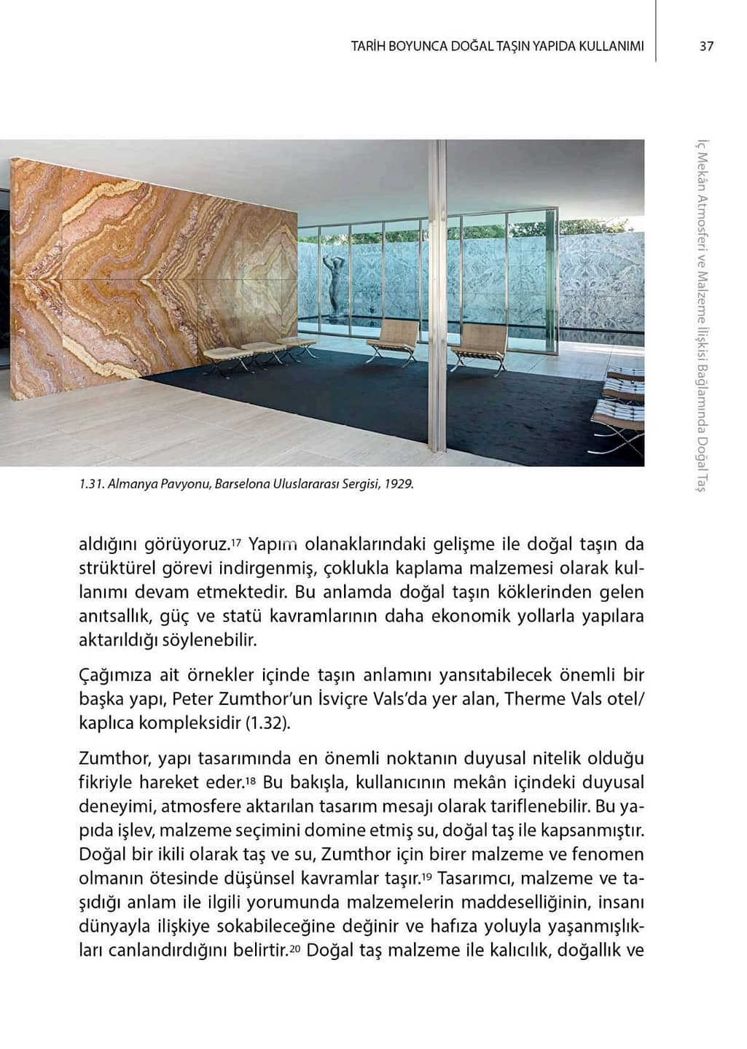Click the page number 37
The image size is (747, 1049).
point(706,46)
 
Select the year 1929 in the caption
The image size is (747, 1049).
point(401,483)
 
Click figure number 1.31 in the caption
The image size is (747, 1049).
point(91,483)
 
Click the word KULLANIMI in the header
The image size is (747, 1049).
point(611,46)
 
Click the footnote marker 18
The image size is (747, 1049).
point(250,780)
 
